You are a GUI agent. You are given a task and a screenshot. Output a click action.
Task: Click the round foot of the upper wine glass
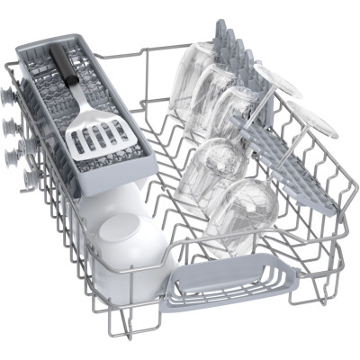(274, 77)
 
